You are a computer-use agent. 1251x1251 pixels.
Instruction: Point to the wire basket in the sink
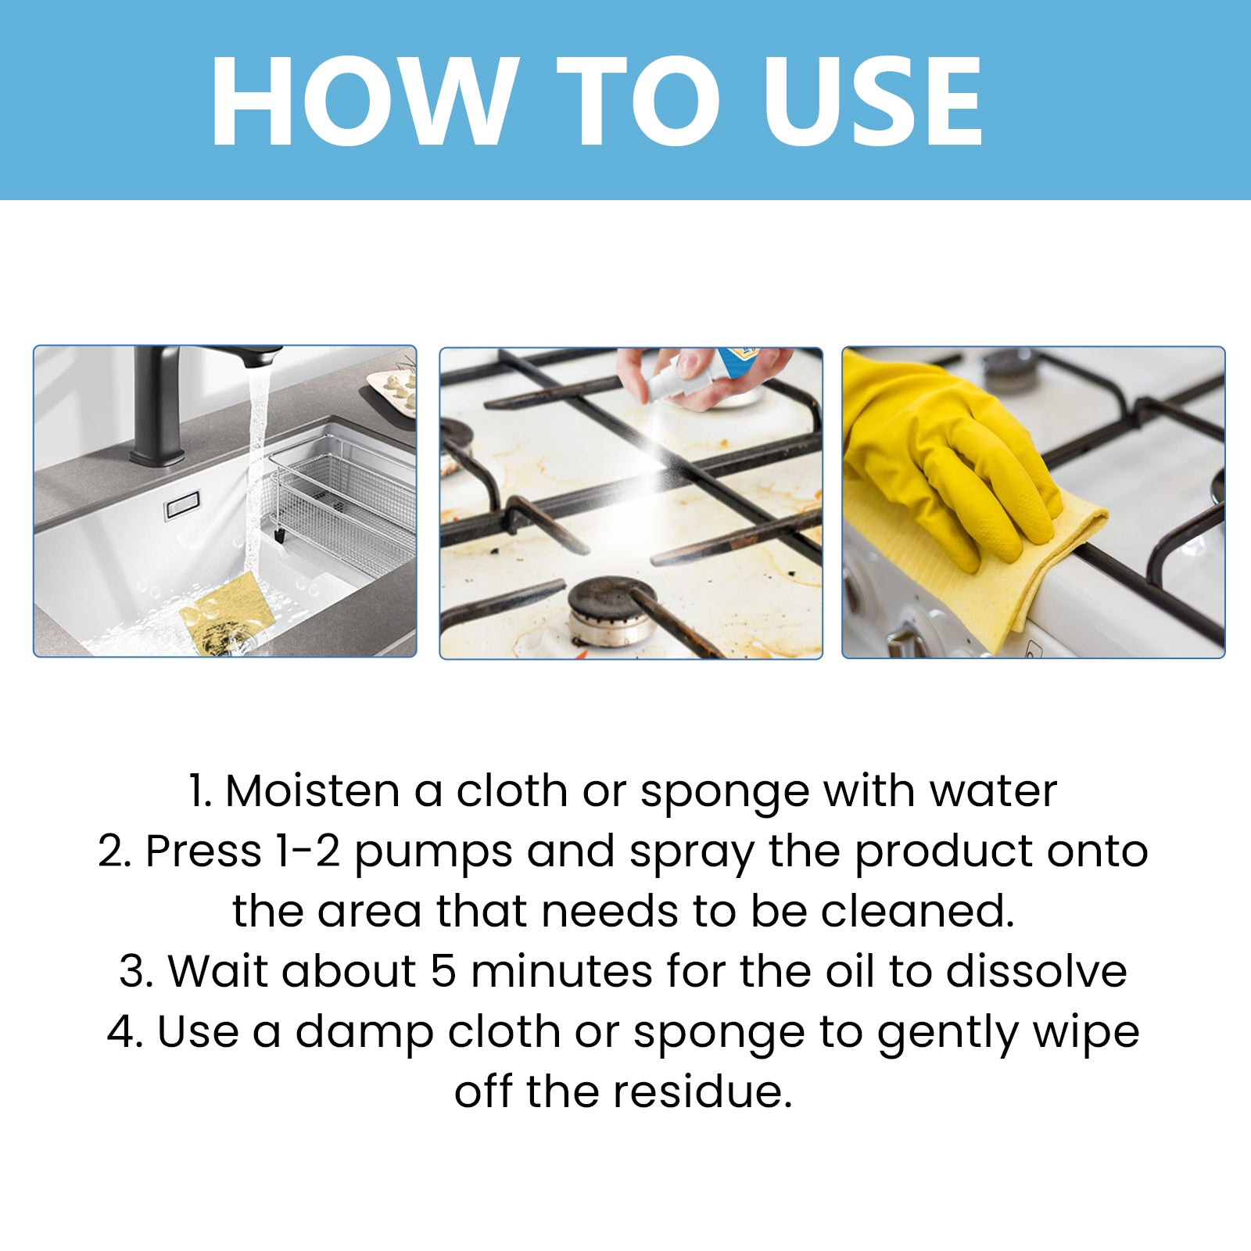[x=344, y=500]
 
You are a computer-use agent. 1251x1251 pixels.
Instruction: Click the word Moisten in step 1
[x=313, y=791]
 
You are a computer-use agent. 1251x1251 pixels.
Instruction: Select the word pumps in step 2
[x=433, y=852]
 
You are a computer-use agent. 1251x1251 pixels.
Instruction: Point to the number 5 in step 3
[x=443, y=972]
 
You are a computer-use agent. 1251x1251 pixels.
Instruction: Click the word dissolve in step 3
[x=1036, y=972]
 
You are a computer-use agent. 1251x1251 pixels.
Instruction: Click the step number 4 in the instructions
[x=124, y=1032]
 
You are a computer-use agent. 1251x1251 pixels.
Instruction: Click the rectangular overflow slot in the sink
[x=181, y=506]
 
